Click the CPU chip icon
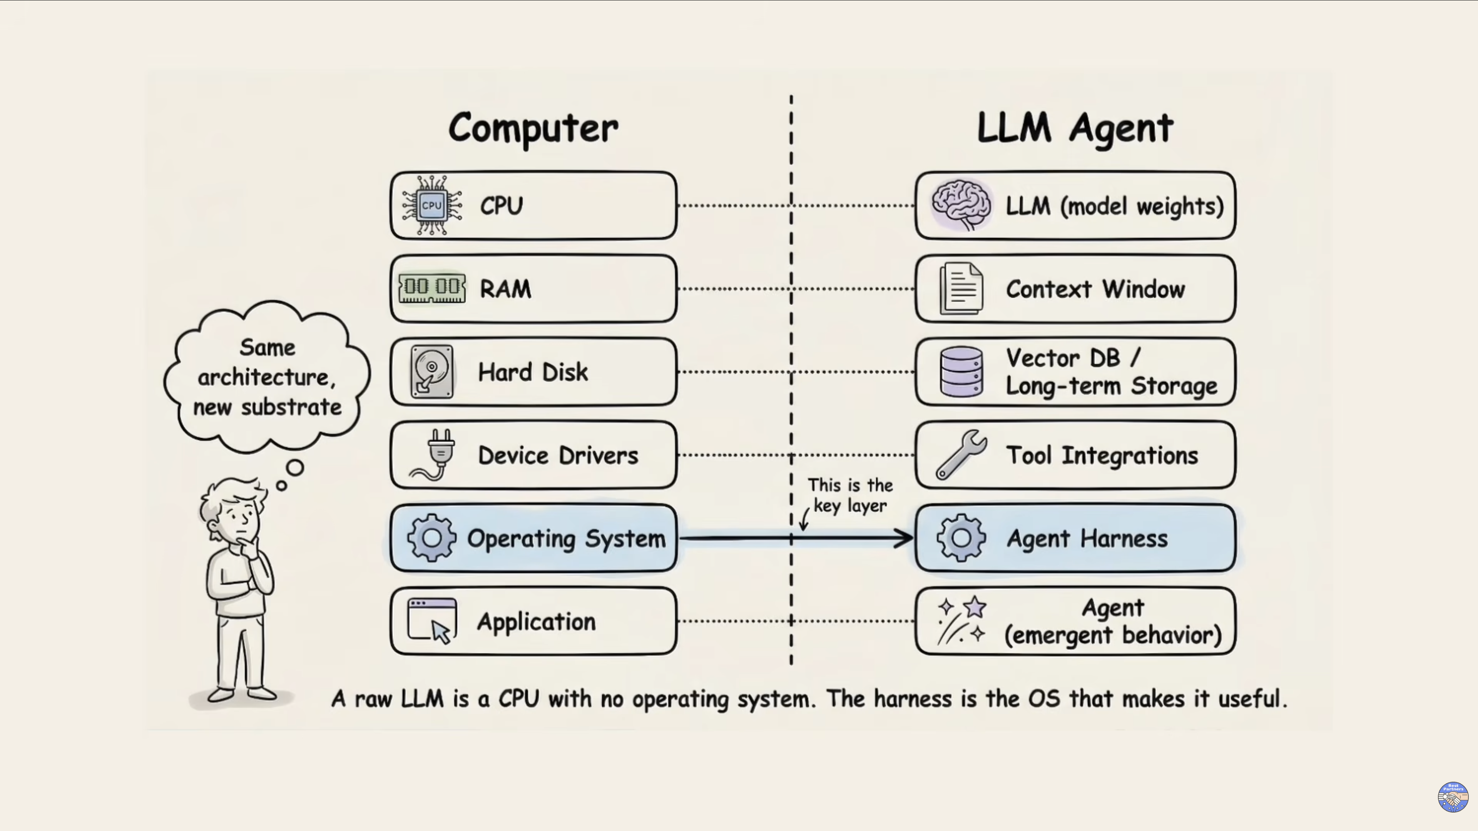coord(431,205)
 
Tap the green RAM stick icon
coord(432,287)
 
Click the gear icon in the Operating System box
coord(431,538)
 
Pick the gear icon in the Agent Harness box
coord(961,538)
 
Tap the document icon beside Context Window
coord(961,288)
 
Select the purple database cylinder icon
coord(961,372)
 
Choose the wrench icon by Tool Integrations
coord(961,454)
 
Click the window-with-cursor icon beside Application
coord(432,621)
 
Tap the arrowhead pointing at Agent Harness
coord(905,538)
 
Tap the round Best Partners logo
coord(1452,797)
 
